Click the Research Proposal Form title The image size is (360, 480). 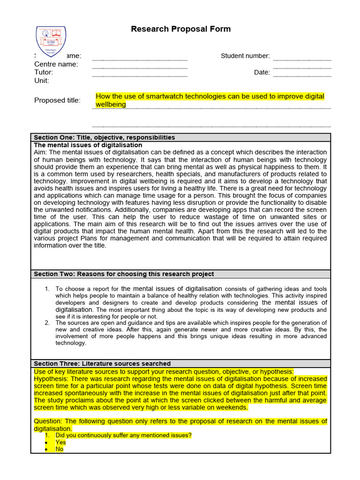click(x=180, y=29)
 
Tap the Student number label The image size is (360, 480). click(x=245, y=56)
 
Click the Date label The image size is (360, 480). click(x=262, y=73)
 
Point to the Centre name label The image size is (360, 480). click(x=56, y=64)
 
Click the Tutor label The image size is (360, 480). click(x=44, y=72)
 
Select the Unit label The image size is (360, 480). click(x=42, y=81)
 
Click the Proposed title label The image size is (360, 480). click(x=57, y=100)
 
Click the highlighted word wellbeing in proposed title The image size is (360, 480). click(x=111, y=105)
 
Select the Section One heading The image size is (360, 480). click(x=104, y=137)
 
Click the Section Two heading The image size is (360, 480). click(x=124, y=274)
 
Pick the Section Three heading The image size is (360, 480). click(x=102, y=363)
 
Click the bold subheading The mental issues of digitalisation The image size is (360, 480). click(x=88, y=145)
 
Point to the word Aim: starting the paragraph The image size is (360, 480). click(x=41, y=152)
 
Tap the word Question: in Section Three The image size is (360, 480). click(x=48, y=421)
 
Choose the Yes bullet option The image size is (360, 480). click(x=60, y=442)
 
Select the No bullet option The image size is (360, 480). click(x=59, y=449)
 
